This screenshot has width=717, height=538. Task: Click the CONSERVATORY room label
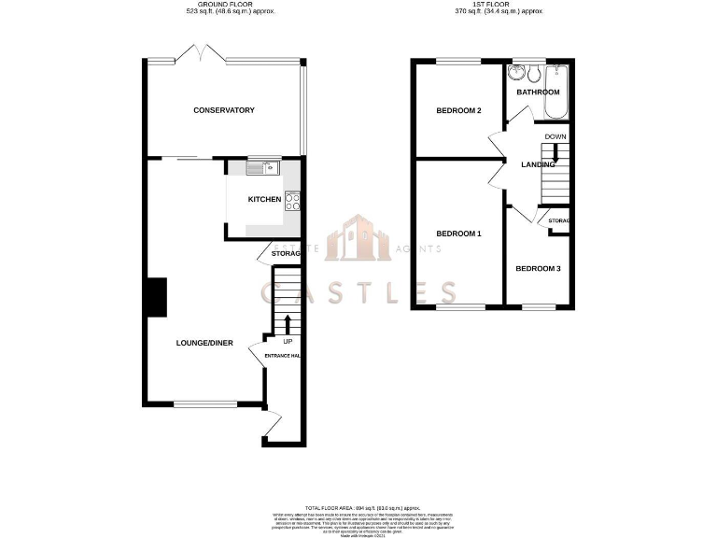click(223, 110)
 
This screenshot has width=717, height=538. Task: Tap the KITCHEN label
click(264, 200)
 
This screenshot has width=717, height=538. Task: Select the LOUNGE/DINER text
click(204, 343)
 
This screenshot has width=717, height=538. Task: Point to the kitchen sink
click(262, 168)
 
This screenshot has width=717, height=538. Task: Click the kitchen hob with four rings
click(292, 201)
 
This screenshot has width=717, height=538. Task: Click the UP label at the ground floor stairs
click(288, 341)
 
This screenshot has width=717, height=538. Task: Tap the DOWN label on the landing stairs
click(555, 137)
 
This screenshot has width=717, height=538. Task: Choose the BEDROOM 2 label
click(458, 111)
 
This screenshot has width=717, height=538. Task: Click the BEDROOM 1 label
click(458, 234)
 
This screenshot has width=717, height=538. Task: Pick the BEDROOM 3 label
click(538, 269)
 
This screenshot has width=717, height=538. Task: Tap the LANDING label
click(537, 164)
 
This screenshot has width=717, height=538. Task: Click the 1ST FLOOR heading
click(492, 5)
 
